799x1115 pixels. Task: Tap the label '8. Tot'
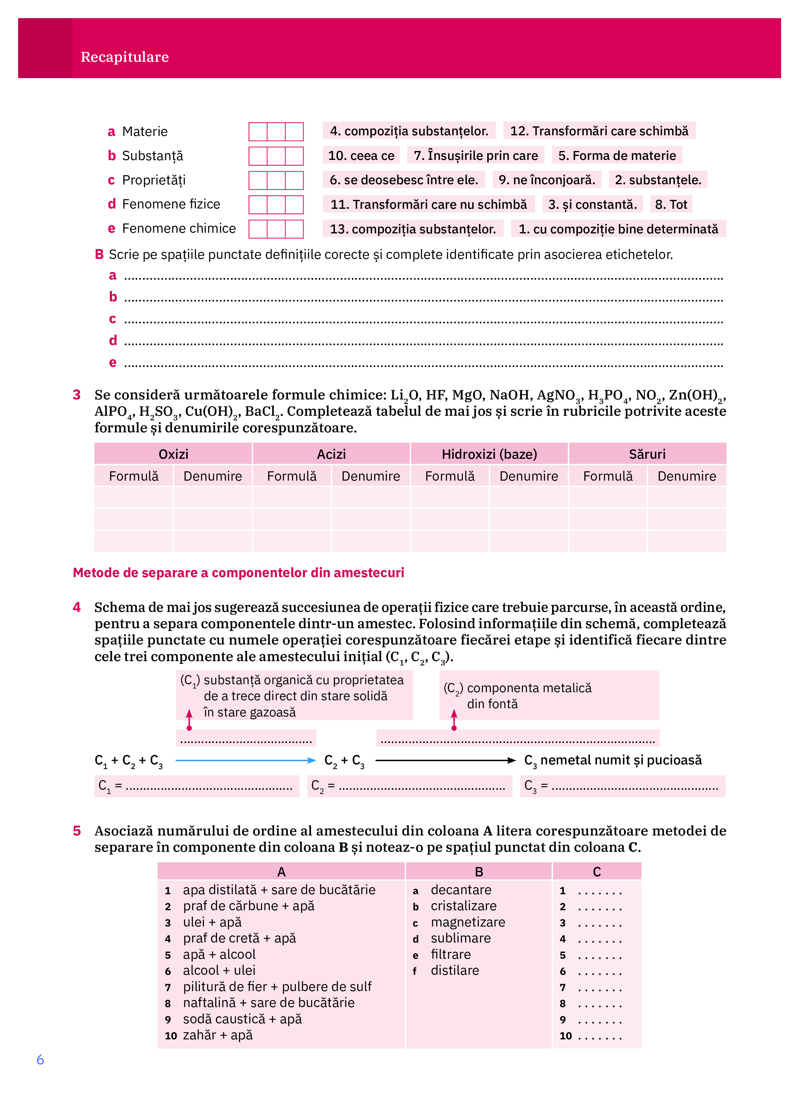(671, 204)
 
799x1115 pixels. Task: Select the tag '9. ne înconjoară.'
(546, 180)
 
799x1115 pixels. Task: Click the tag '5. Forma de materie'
(617, 156)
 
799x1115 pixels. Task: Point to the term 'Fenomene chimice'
(178, 228)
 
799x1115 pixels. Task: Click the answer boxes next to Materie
(276, 132)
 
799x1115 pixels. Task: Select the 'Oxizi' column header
(173, 454)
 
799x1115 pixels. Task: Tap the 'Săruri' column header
(647, 454)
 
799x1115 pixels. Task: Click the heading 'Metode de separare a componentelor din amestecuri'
(238, 573)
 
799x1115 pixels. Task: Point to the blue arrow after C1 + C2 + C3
(245, 760)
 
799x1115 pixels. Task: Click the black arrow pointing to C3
(445, 760)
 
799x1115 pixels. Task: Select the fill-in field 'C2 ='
(409, 786)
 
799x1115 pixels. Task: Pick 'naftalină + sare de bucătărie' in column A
(268, 1003)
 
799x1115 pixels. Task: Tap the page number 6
(40, 1060)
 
